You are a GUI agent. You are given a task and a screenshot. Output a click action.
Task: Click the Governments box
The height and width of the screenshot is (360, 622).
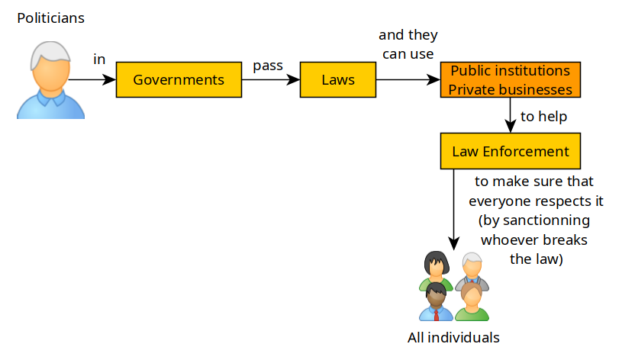(179, 79)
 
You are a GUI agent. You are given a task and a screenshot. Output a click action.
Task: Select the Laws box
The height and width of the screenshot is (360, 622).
(338, 79)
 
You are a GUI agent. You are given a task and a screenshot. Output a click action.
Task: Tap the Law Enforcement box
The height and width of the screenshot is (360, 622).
(510, 151)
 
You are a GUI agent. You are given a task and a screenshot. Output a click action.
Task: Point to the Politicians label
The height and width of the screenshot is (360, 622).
(51, 17)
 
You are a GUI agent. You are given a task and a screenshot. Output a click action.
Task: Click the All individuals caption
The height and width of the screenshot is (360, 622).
(453, 337)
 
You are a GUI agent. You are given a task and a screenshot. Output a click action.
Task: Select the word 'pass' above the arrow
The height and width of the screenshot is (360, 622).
(268, 66)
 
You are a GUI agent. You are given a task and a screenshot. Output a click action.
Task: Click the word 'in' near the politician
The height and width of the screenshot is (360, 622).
(99, 59)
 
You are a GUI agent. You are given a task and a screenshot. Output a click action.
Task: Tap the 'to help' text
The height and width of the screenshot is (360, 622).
(543, 117)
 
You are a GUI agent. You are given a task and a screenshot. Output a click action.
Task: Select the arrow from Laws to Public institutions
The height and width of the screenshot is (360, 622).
(408, 80)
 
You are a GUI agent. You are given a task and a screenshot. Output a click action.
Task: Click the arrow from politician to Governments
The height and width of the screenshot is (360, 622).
(92, 80)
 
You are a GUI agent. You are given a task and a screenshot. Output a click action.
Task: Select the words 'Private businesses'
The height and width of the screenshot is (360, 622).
(510, 89)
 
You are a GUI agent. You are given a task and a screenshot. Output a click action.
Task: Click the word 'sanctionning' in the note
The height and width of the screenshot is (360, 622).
(533, 220)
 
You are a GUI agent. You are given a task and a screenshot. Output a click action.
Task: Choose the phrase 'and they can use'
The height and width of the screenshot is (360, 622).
(408, 44)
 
